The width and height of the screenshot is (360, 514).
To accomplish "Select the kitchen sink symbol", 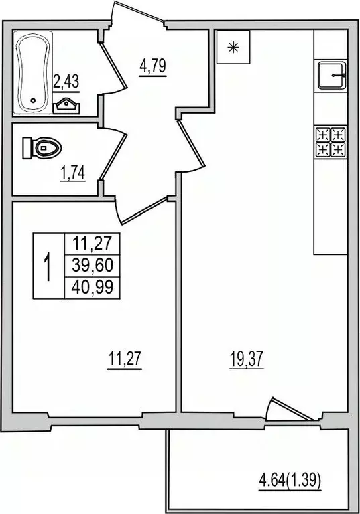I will click(x=331, y=75).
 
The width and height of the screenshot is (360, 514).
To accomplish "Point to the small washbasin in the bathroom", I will click(x=67, y=104).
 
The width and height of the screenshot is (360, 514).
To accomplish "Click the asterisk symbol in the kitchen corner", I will click(x=233, y=47).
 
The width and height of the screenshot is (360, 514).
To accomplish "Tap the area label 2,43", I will click(x=66, y=82).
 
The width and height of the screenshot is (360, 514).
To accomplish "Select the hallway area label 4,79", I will click(x=152, y=67).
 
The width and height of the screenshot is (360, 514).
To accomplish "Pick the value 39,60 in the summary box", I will click(x=92, y=265).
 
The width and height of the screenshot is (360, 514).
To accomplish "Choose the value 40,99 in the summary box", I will click(x=92, y=288).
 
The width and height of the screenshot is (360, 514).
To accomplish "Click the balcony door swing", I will click(x=280, y=410).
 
